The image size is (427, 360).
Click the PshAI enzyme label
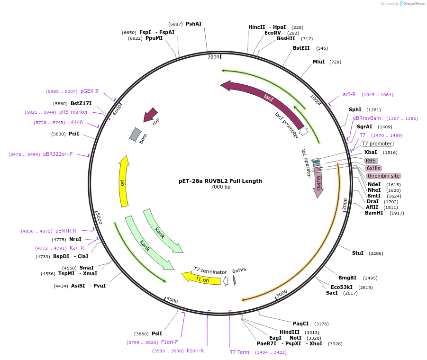(x=193, y=24)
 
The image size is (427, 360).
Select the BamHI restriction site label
(x=374, y=213)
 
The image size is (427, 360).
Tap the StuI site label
(x=358, y=253)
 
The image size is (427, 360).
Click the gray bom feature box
(x=136, y=135)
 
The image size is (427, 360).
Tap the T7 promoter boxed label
(x=377, y=144)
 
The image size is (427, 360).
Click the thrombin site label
(x=383, y=176)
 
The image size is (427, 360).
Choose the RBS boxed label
(x=371, y=161)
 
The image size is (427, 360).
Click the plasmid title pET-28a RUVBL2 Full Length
(x=220, y=181)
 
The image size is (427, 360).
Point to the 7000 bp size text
(x=220, y=187)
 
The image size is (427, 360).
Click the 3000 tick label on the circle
(x=282, y=294)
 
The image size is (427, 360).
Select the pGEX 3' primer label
(x=90, y=91)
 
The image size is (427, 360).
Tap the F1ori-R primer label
(x=195, y=351)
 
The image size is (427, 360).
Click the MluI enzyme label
(x=319, y=62)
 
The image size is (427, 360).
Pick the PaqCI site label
(x=301, y=324)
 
